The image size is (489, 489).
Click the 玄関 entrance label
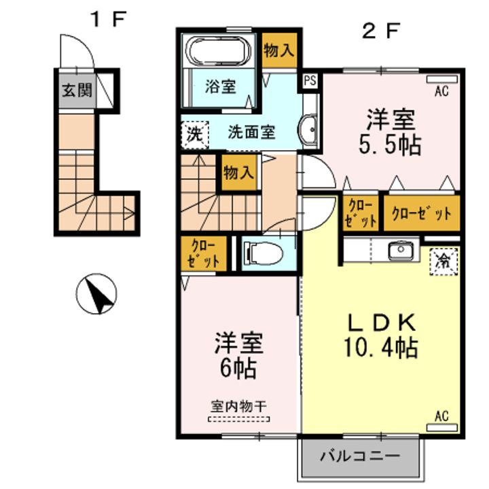(x=77, y=90)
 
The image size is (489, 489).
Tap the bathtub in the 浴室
(x=218, y=50)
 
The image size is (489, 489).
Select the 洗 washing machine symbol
(x=195, y=134)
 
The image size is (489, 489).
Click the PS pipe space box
(x=310, y=81)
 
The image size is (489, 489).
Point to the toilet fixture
(x=264, y=253)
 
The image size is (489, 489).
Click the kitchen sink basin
(x=401, y=249)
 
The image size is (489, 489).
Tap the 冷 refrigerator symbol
(x=443, y=261)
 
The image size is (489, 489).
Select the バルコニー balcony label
(x=360, y=456)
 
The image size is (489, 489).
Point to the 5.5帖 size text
(x=390, y=145)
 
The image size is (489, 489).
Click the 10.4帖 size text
(x=380, y=348)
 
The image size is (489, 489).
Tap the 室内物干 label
(x=239, y=406)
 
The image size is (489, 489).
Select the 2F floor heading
(x=380, y=31)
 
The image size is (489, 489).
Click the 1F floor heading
(x=108, y=19)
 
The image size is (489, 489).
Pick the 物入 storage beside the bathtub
(x=279, y=50)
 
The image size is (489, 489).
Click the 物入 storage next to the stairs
(x=239, y=172)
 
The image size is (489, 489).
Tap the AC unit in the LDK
(x=442, y=427)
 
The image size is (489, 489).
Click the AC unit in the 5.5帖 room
(x=442, y=79)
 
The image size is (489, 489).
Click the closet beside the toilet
(x=204, y=253)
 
